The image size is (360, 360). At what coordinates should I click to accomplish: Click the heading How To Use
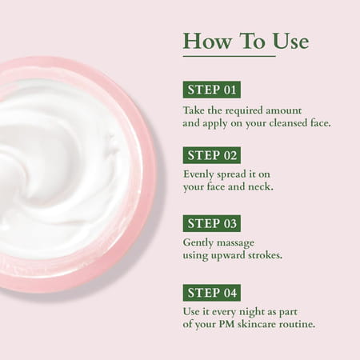point(246,41)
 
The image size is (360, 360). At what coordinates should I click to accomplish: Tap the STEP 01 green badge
point(211,89)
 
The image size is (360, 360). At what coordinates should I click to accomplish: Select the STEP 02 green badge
point(211,155)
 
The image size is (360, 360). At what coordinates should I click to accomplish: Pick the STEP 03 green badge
point(211,222)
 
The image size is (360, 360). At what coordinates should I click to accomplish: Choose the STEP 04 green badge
point(211,292)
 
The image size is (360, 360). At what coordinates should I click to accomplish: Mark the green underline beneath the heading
point(229,56)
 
